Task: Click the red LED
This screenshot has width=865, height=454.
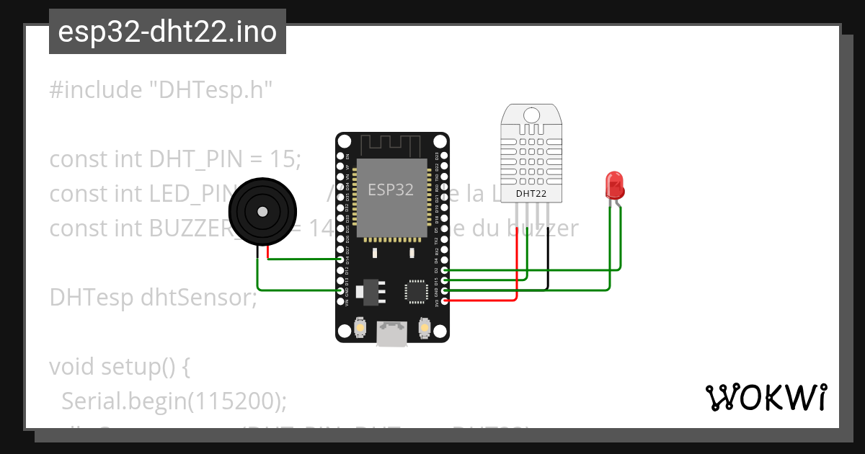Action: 614,185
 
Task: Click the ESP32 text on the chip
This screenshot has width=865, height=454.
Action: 391,190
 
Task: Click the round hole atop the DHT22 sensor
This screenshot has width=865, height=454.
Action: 532,115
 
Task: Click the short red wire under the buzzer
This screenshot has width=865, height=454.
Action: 268,253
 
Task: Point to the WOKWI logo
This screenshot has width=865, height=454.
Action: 766,397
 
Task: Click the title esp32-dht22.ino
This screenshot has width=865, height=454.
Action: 167,32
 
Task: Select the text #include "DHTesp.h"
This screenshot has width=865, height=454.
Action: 162,90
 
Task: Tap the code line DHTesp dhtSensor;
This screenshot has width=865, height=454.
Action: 153,297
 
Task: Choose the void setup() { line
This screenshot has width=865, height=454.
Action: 120,367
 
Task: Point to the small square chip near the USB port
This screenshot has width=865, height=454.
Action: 416,291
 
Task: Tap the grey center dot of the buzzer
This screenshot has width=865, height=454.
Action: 262,212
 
